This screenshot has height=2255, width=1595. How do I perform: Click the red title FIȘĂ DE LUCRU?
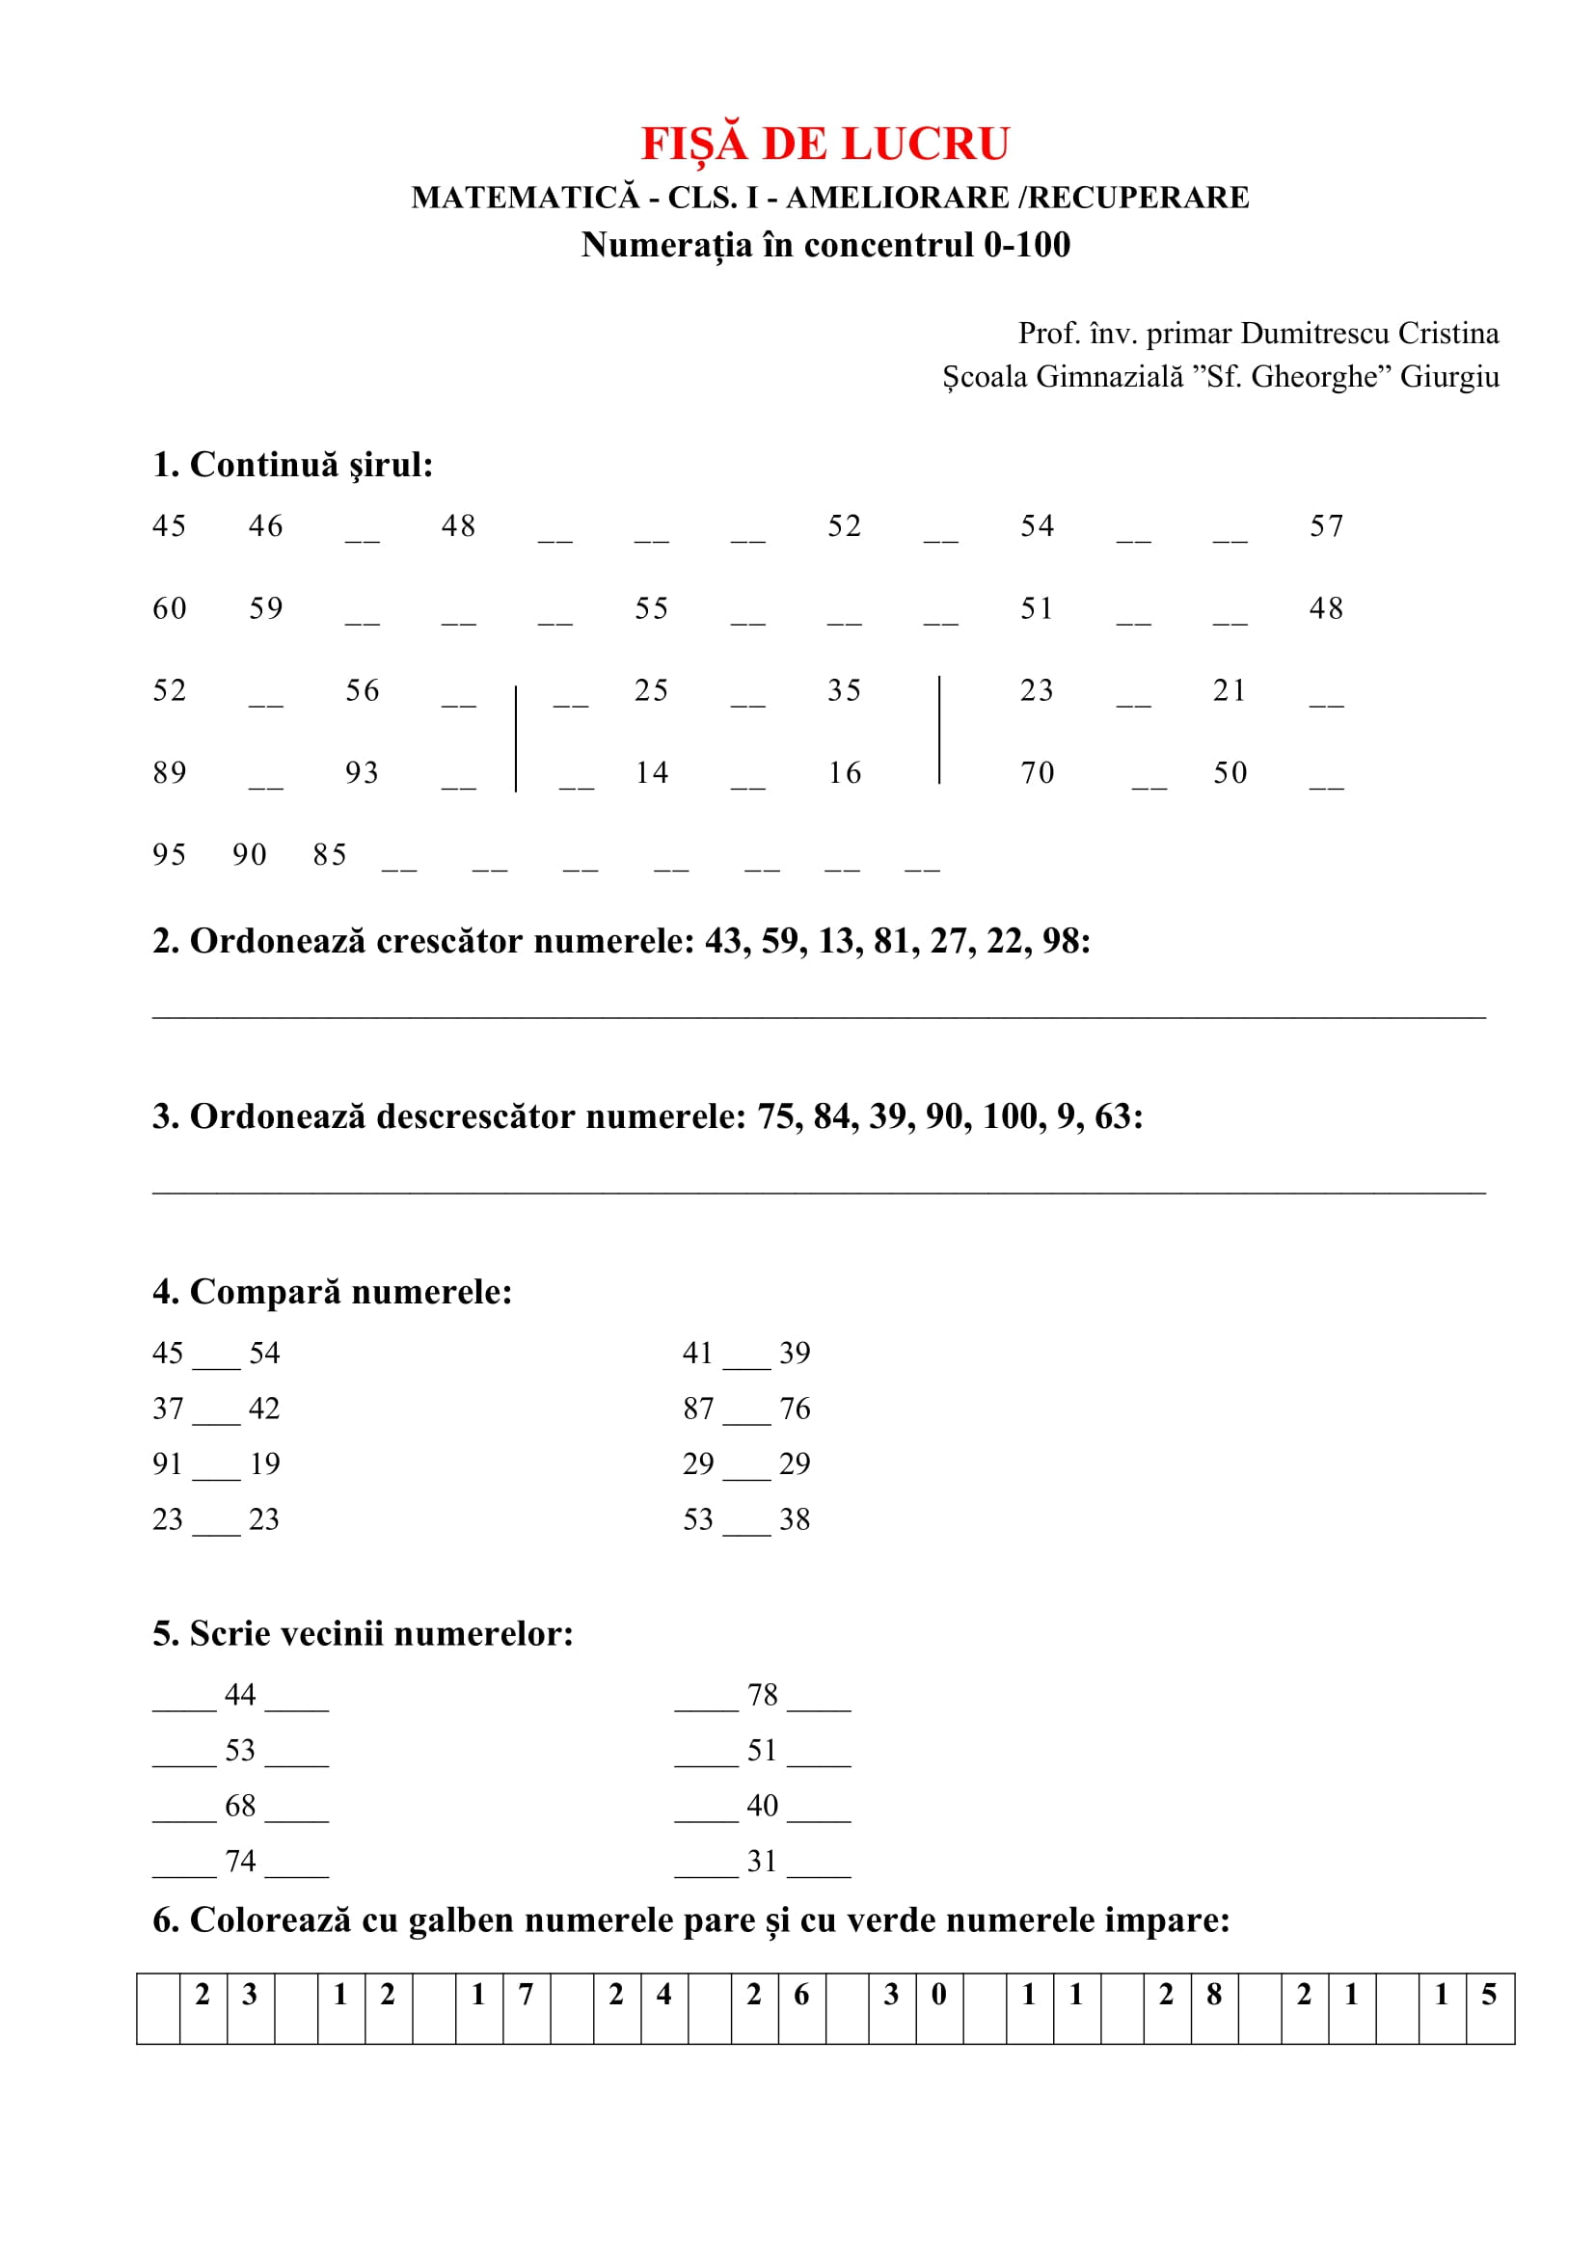click(825, 145)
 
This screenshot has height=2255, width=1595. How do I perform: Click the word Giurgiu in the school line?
click(1448, 377)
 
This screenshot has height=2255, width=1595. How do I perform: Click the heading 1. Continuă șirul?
click(293, 465)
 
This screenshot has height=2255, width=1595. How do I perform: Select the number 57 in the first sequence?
click(1326, 526)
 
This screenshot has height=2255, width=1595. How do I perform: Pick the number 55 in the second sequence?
click(650, 609)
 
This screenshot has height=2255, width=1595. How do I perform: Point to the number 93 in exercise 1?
click(362, 773)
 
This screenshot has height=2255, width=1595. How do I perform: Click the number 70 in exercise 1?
click(1038, 773)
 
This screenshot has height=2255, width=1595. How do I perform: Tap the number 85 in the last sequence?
click(330, 855)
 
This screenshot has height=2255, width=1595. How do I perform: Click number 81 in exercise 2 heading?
click(892, 941)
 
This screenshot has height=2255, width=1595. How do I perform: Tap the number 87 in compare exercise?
click(698, 1409)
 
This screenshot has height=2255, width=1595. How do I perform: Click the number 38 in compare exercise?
click(795, 1519)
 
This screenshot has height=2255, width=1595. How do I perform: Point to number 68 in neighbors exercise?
click(241, 1805)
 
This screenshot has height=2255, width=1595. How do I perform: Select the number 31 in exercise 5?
click(762, 1860)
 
